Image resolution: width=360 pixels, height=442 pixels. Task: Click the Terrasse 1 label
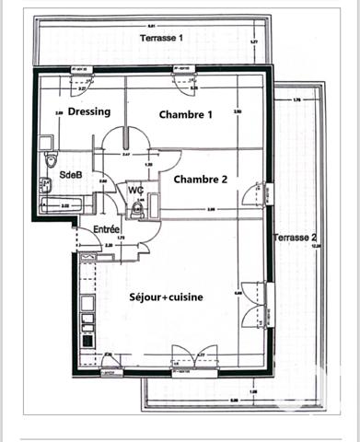162,38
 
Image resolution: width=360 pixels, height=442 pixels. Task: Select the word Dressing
89,111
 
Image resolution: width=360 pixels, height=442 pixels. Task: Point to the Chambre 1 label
186,115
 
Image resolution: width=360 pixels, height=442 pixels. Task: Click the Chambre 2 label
200,179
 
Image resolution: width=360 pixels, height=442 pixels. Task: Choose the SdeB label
71,174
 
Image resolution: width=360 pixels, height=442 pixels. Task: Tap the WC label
135,190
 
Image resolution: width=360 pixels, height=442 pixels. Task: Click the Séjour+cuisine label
166,297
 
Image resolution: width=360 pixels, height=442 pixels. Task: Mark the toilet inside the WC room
136,210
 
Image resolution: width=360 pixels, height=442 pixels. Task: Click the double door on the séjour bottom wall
193,355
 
